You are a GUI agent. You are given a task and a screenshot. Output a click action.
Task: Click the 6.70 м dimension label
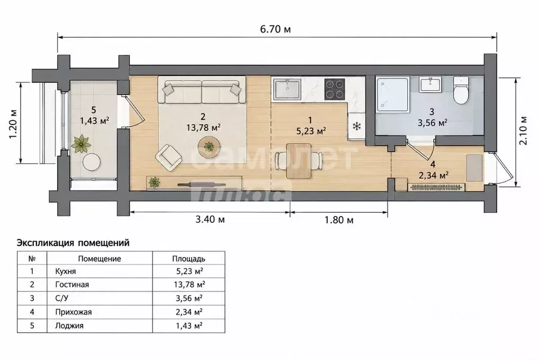[x=275, y=29]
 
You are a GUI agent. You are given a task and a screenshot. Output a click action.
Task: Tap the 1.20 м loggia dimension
[x=13, y=124]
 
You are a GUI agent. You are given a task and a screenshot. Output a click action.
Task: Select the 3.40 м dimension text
[x=210, y=219]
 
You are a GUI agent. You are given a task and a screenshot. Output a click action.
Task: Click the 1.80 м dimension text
[x=339, y=220]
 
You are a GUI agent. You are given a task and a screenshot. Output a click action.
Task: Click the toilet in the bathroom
[x=461, y=90]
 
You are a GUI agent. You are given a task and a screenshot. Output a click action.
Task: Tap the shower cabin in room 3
[x=393, y=94]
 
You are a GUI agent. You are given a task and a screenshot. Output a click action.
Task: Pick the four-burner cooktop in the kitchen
[x=335, y=89]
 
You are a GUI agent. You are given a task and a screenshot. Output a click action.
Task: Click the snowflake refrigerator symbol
[x=357, y=126]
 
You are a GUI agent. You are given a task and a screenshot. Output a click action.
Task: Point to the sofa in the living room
[x=202, y=90]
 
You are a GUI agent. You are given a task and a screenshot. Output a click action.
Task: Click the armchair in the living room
[x=168, y=157]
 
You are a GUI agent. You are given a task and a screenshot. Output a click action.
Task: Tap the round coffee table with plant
[x=209, y=147]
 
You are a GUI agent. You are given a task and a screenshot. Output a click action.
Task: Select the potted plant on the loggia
[x=81, y=144]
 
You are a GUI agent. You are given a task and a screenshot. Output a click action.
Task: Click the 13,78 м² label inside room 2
[x=204, y=127]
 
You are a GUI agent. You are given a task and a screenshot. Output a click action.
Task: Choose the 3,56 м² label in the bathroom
[x=432, y=122]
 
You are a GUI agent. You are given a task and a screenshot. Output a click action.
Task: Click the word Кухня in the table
[x=65, y=271]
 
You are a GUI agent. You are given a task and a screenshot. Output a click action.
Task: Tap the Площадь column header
[x=189, y=259]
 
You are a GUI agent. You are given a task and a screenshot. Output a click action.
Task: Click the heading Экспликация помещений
[x=73, y=243]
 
